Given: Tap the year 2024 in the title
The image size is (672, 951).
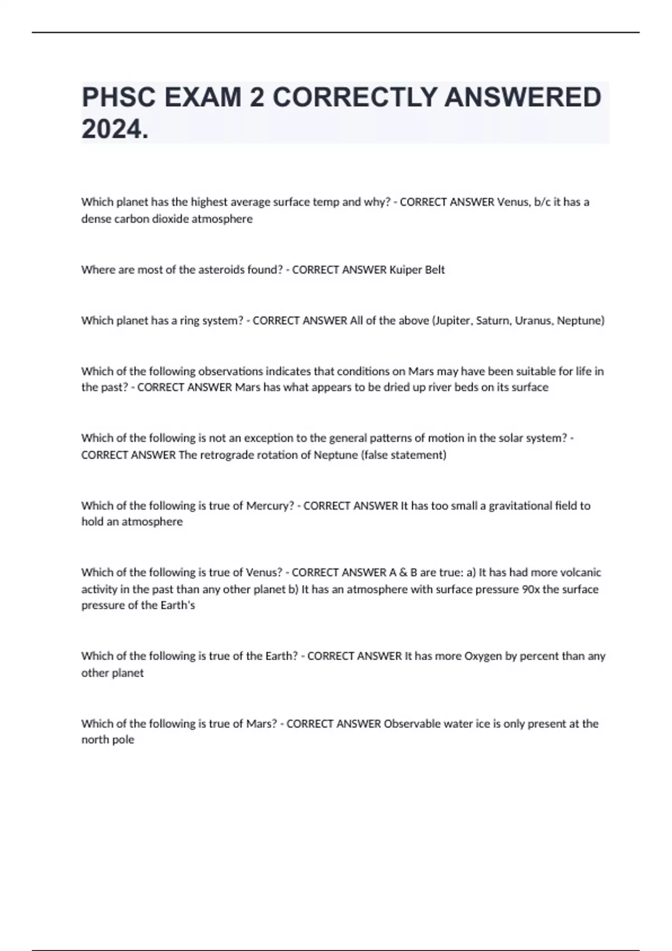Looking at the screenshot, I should (115, 129).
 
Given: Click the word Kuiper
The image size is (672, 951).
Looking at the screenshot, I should (404, 270).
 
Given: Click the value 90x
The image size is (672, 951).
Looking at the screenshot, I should (530, 589).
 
